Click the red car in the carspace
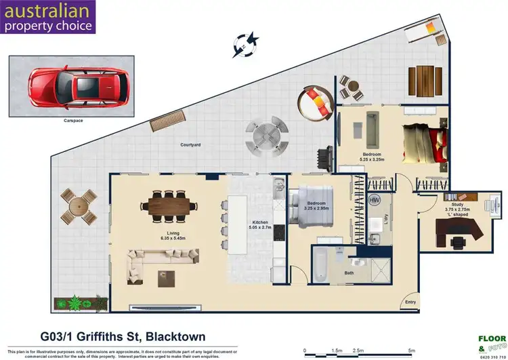[x=72, y=86]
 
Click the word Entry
[x=410, y=302]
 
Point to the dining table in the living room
[x=172, y=205]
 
